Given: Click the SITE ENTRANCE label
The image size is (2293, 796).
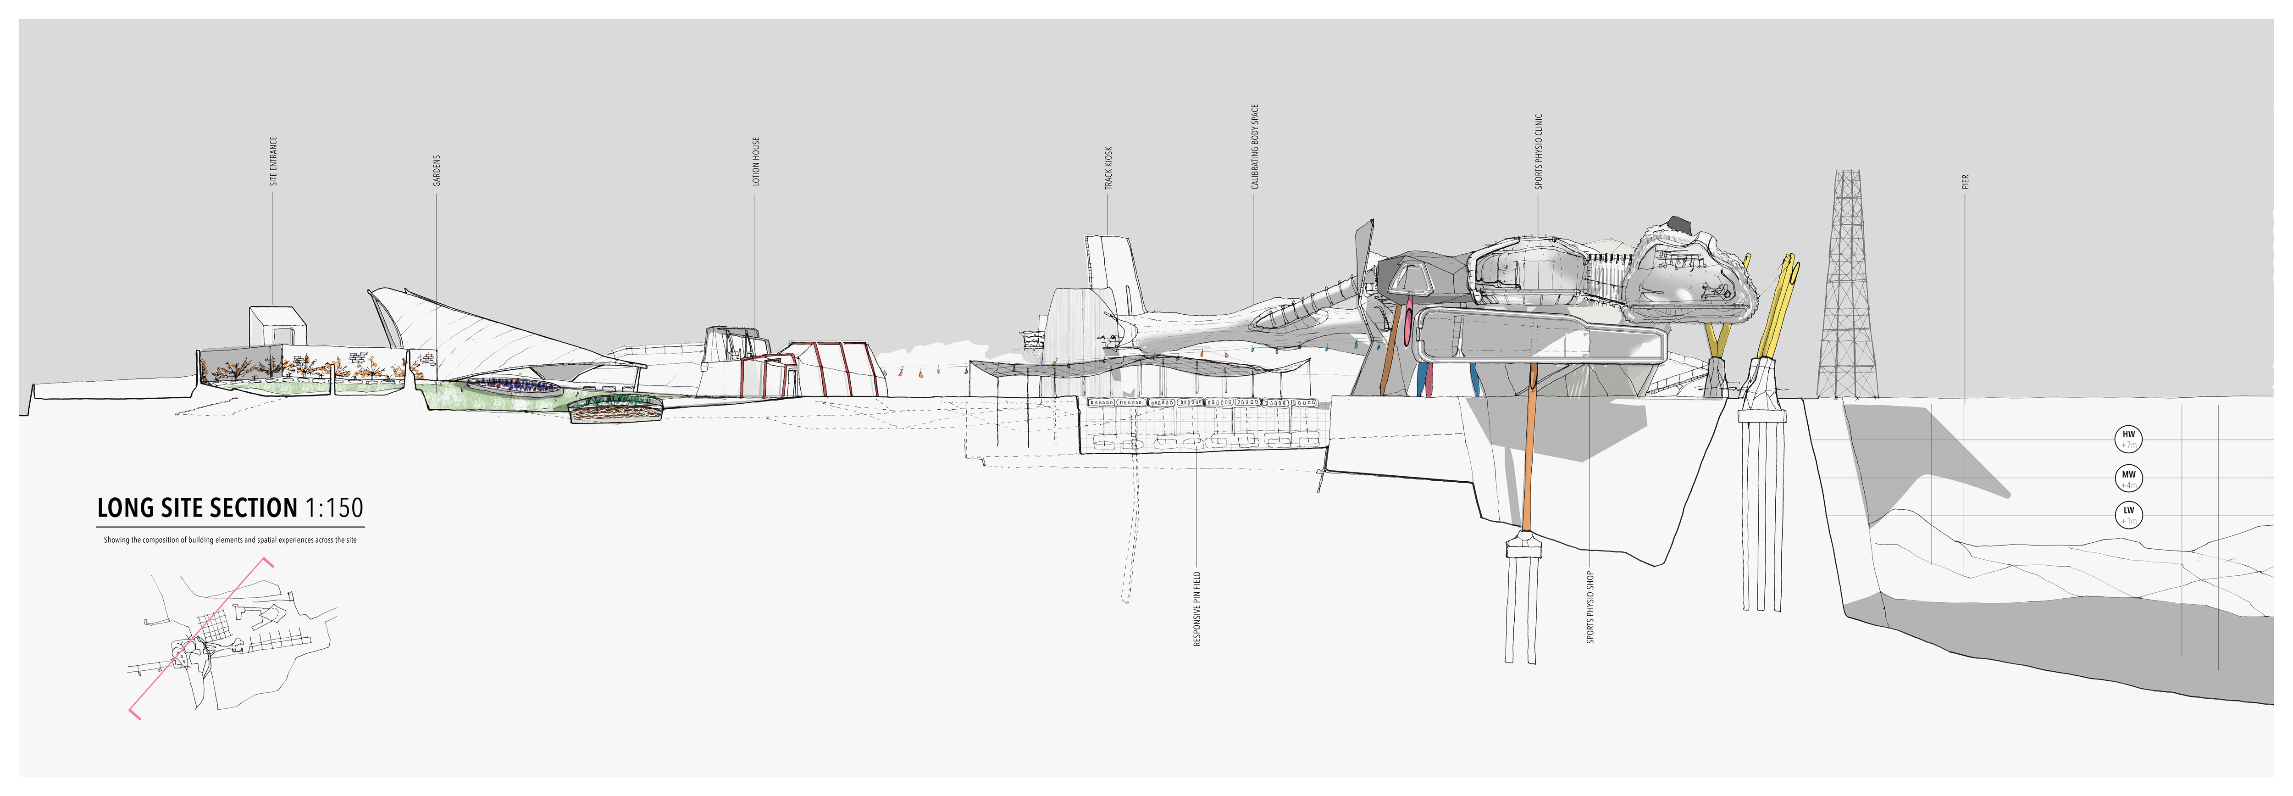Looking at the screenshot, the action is [273, 161].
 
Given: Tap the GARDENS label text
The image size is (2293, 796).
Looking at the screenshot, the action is [436, 171].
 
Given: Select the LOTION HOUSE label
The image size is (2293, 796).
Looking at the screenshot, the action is [756, 161].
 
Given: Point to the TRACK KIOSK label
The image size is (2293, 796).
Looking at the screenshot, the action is [1108, 167].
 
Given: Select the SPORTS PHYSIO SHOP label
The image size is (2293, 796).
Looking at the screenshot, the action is [1590, 607].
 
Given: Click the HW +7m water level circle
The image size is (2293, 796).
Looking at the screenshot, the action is [2128, 439].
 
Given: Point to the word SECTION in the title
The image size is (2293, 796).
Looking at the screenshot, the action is [255, 508].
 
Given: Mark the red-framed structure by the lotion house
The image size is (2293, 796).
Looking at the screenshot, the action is [837, 368].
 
